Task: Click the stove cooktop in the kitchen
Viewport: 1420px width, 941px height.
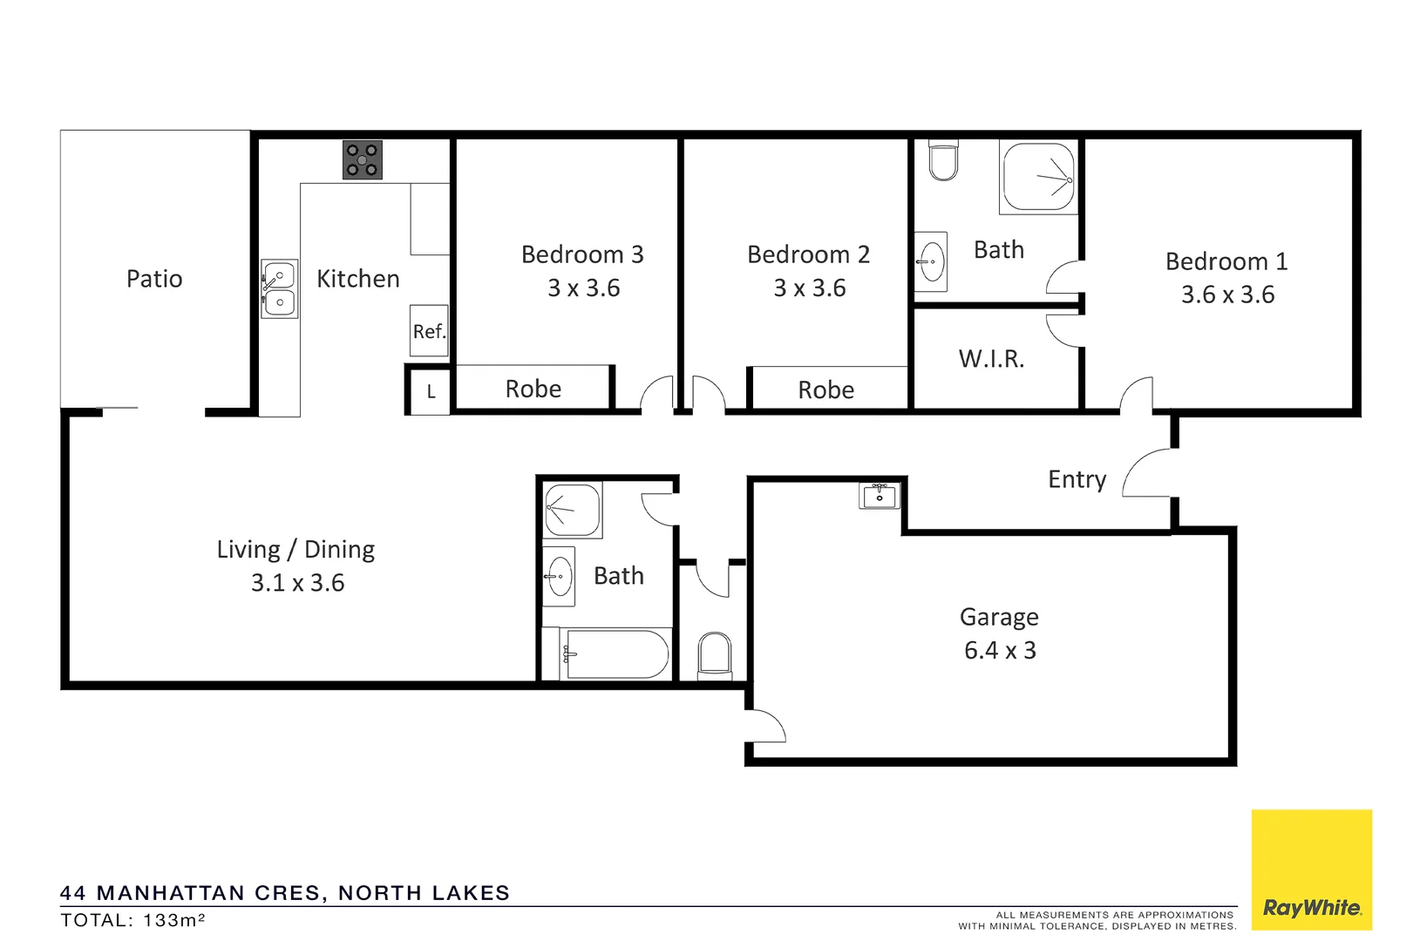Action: tap(362, 159)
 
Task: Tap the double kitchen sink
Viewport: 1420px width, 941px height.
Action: tap(280, 289)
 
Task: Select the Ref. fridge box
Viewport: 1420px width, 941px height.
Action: tap(429, 331)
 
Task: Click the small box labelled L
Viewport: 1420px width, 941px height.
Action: tap(431, 392)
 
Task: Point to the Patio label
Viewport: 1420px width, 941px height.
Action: tap(154, 279)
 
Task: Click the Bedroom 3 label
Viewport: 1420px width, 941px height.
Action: tap(582, 254)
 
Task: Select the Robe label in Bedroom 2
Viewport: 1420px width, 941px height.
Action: tap(826, 389)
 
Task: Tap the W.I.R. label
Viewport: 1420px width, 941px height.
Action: tap(991, 359)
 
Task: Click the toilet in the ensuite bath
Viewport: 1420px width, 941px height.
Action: tap(943, 161)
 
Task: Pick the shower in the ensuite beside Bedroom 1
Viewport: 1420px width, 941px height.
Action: tap(1039, 178)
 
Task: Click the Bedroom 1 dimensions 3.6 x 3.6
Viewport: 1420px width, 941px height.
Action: tap(1227, 294)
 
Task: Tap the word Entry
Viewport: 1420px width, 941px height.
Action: tap(1077, 479)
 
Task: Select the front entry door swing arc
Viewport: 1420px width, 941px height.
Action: tap(1146, 472)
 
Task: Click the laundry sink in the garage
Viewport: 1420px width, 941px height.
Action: tap(879, 496)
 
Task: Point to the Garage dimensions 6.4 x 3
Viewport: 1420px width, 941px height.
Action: tap(1000, 651)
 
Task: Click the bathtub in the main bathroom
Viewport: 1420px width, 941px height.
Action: tap(615, 654)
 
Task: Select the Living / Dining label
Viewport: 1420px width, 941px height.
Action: tap(296, 550)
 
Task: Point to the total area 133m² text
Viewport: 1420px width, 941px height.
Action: tap(132, 920)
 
